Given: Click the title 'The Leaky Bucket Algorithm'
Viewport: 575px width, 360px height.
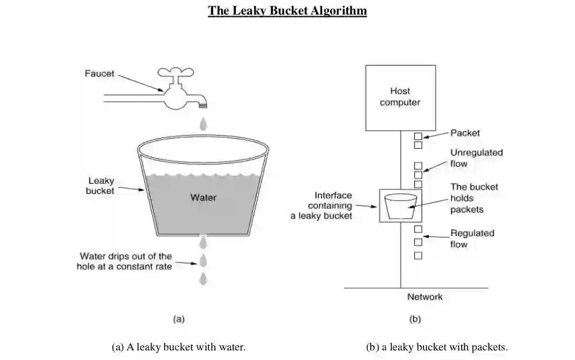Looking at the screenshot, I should [x=287, y=11].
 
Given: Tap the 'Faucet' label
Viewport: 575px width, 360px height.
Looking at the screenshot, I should [x=99, y=74].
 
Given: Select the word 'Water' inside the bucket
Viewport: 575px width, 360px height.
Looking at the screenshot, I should [x=203, y=198].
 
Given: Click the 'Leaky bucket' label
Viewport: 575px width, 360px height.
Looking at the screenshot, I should [x=101, y=186].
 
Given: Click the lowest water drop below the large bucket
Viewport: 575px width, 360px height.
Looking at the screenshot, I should [x=204, y=278].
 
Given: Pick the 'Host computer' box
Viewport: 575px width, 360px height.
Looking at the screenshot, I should [x=400, y=98].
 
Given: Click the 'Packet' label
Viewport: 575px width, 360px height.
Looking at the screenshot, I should [x=465, y=133].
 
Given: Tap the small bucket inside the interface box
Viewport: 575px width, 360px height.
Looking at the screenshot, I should [x=400, y=206].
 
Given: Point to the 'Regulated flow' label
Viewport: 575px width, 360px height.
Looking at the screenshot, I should [x=472, y=239].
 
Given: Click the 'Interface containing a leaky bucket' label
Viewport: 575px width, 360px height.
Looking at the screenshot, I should [x=322, y=206].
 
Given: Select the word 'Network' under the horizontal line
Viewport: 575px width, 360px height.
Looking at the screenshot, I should [x=425, y=297].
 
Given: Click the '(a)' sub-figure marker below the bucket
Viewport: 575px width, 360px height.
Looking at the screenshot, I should [x=178, y=319].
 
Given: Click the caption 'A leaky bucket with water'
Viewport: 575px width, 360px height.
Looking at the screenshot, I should [x=179, y=347].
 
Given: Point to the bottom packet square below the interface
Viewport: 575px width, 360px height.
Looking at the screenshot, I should [x=418, y=256].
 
